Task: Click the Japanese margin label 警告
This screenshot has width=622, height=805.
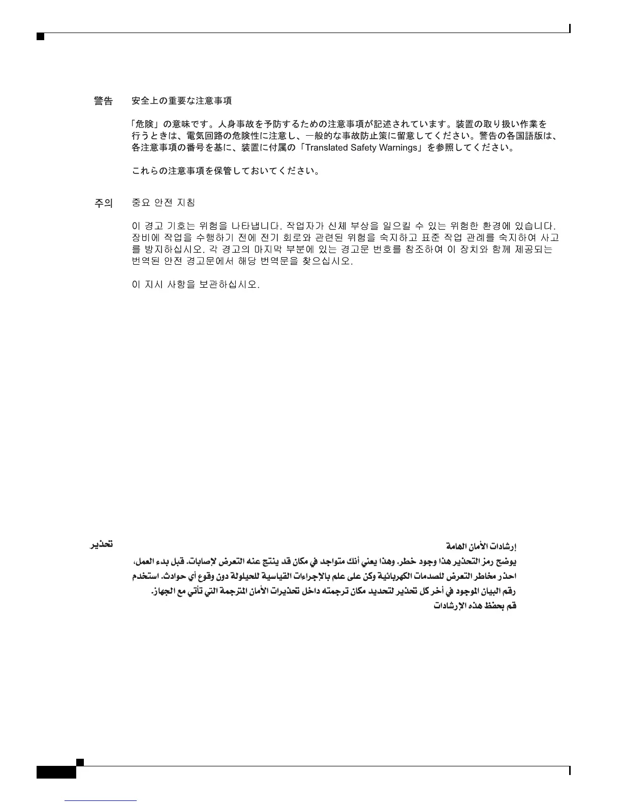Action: tap(104, 101)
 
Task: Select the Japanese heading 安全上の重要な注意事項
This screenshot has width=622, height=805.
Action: tap(181, 101)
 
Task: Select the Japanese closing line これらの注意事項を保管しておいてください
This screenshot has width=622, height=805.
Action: tap(225, 171)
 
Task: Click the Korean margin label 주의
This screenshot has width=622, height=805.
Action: tap(104, 203)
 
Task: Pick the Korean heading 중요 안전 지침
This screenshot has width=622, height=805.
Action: tap(163, 203)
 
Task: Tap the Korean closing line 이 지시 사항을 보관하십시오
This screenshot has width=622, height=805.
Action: tap(196, 285)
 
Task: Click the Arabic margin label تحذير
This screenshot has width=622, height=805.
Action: tap(101, 544)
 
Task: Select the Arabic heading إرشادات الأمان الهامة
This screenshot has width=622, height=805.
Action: tap(481, 547)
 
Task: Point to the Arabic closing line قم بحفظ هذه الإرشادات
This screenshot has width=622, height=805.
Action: tap(475, 606)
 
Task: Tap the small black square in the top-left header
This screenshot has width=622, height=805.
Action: tap(40, 37)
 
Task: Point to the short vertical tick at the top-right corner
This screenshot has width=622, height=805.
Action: tap(570, 28)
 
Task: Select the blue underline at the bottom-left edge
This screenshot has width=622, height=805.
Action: tap(101, 801)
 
